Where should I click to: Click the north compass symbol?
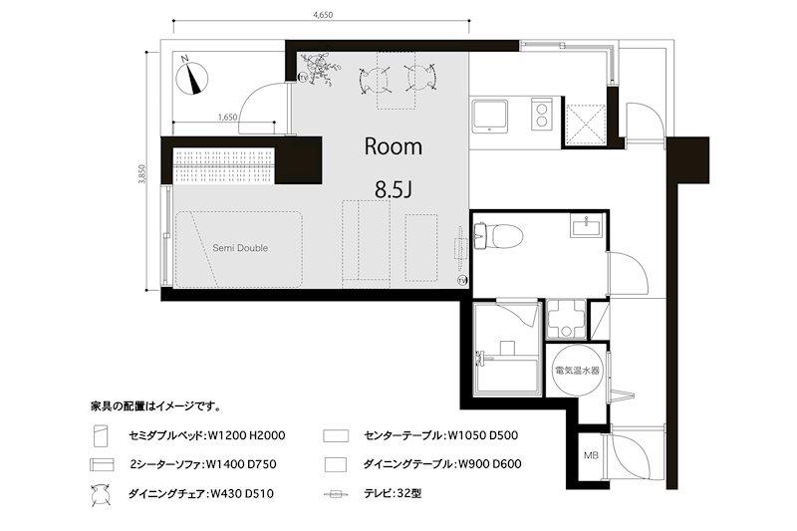coord(191,79)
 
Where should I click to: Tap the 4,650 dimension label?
coord(323,15)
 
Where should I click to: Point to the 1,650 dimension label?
coord(227,117)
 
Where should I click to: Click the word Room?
coord(393,146)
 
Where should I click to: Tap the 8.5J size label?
coord(393,189)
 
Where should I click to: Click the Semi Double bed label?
coord(240,248)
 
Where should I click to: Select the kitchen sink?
coord(489,116)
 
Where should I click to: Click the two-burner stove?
coord(542,114)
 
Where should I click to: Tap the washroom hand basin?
coord(587,225)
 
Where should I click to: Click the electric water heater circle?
coord(576,371)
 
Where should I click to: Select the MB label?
coord(590,456)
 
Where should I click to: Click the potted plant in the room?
coord(319,68)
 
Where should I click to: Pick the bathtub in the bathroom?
coord(506,376)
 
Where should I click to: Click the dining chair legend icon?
coord(101,494)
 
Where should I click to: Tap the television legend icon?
coord(336,493)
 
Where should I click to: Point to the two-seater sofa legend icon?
coord(103,464)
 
